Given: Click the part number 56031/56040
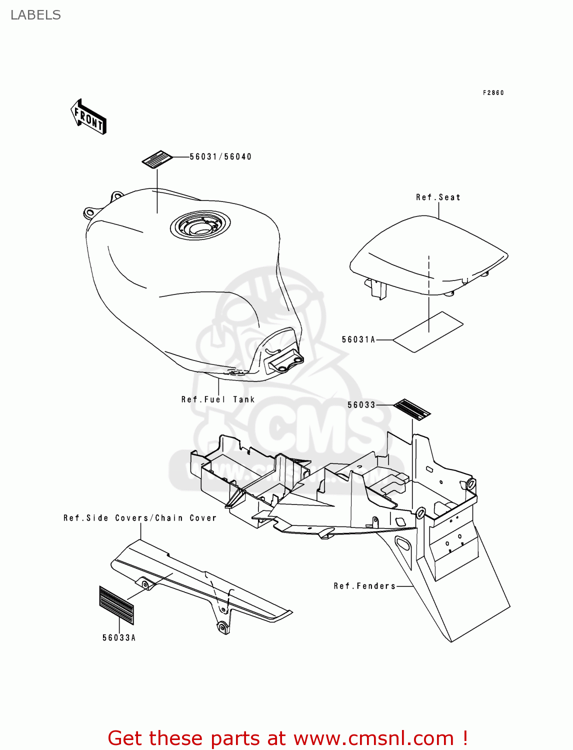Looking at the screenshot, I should tap(220, 157).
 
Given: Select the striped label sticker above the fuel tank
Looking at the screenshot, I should tap(157, 159).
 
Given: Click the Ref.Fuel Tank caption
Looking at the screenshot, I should tap(218, 399).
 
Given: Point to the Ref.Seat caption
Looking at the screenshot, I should tap(438, 197).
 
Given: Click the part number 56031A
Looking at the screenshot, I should tap(358, 340).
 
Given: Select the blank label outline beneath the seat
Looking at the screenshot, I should tap(428, 332).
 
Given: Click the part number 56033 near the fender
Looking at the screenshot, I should tap(361, 405).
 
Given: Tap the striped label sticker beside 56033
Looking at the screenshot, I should tap(412, 409).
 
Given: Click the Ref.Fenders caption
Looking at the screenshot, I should tap(364, 586).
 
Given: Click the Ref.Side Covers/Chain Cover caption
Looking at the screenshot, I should tap(140, 518).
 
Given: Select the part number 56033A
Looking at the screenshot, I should tap(119, 638).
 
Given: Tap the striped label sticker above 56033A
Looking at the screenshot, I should tap(117, 605).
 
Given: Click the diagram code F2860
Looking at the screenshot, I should tap(493, 93).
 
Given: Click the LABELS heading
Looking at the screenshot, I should tap(35, 15).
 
